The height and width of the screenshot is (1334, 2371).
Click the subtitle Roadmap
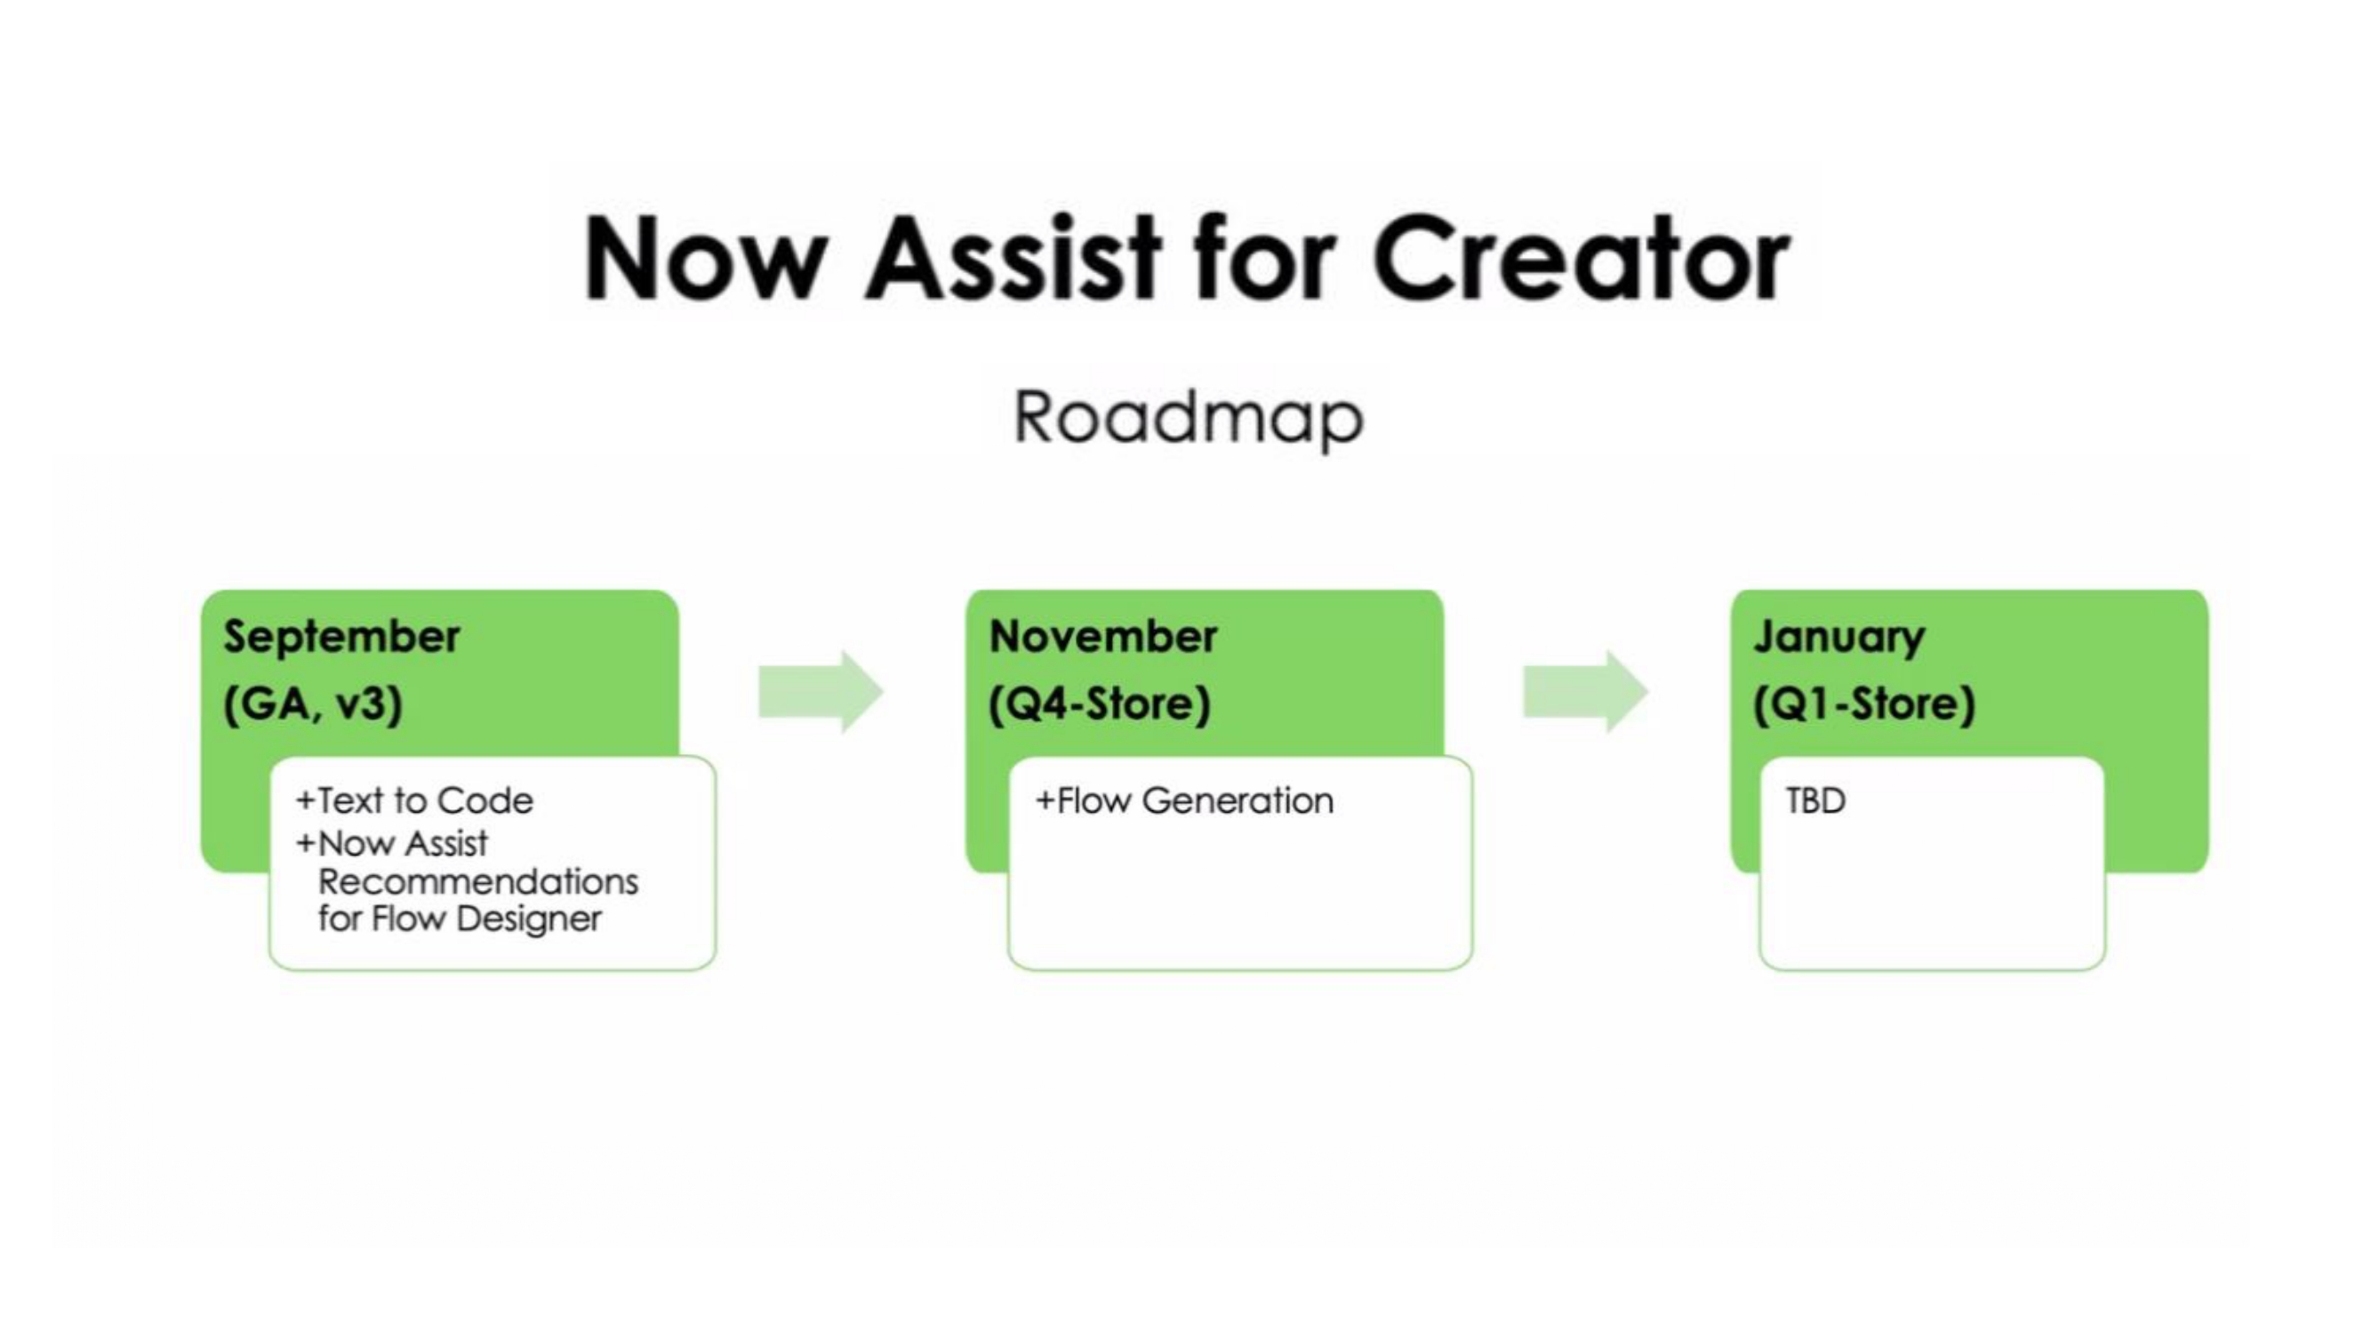click(1189, 419)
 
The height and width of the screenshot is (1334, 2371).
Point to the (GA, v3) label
click(313, 704)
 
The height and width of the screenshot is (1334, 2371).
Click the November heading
click(1102, 636)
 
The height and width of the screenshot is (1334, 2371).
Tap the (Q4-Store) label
click(1100, 704)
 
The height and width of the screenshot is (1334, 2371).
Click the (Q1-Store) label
click(1865, 704)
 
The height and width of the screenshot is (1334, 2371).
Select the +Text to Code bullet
click(414, 801)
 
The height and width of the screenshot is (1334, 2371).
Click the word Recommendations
click(477, 882)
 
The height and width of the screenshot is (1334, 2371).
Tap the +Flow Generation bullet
click(1184, 801)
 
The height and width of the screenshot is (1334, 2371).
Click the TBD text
click(1816, 801)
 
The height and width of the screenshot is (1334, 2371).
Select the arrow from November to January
click(1586, 692)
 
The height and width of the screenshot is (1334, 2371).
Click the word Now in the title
click(705, 259)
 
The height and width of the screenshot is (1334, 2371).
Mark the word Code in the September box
click(485, 801)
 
